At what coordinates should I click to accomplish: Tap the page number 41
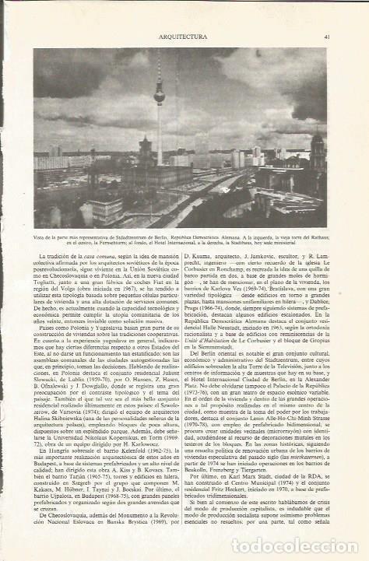pyautogui.click(x=328, y=35)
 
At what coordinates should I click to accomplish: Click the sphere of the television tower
pyautogui.click(x=159, y=96)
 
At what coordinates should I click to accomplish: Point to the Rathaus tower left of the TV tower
pyautogui.click(x=144, y=149)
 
